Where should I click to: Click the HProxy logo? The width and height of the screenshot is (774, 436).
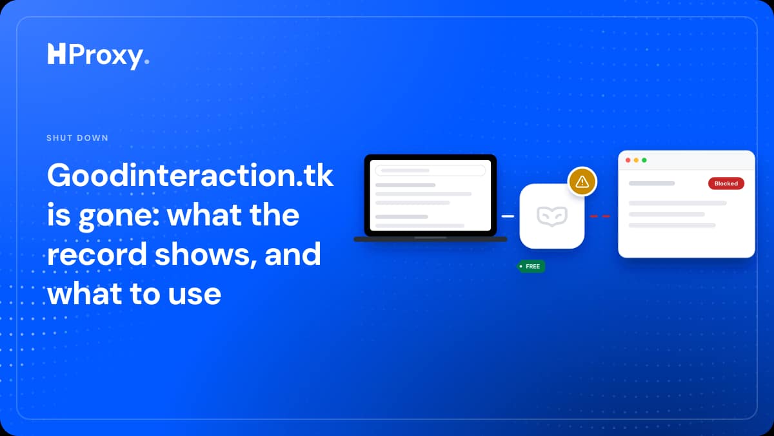[x=98, y=56]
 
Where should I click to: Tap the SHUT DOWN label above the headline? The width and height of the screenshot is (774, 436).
[x=77, y=138]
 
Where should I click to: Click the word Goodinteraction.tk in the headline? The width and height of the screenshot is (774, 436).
[x=190, y=176]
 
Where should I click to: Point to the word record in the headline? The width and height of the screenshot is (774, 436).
[x=97, y=254]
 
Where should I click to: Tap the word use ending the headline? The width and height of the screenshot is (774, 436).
[x=195, y=295]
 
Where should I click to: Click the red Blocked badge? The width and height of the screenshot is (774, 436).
[x=726, y=183]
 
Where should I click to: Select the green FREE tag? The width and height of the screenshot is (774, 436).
[x=531, y=266]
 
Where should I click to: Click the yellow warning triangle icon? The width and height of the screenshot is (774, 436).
[x=582, y=182]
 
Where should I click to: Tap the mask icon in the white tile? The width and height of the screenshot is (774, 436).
[x=552, y=216]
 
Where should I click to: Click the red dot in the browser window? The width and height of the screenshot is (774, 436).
[x=628, y=160]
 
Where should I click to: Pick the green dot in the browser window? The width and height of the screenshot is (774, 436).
[x=644, y=160]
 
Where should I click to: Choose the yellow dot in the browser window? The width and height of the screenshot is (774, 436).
[x=636, y=160]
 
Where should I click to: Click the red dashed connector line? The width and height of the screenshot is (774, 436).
[x=600, y=216]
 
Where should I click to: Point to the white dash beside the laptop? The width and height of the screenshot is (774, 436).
[x=508, y=216]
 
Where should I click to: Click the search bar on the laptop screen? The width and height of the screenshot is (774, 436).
[x=430, y=171]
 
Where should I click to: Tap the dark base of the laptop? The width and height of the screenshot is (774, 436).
[x=430, y=239]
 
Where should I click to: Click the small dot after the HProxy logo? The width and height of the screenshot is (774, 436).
[x=147, y=61]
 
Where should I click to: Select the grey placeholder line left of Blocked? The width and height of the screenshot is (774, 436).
[x=651, y=183]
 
